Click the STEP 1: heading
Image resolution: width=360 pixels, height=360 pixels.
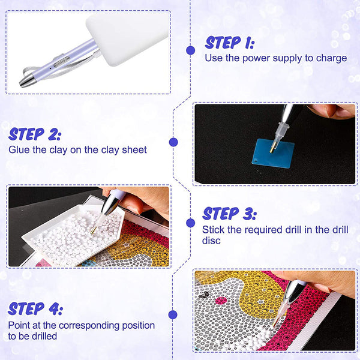pyautogui.click(x=230, y=43)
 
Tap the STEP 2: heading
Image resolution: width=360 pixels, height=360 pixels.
pyautogui.click(x=35, y=134)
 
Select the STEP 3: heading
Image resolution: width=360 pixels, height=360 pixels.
pyautogui.click(x=229, y=214)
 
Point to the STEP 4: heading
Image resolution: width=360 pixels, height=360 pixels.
pyautogui.click(x=35, y=308)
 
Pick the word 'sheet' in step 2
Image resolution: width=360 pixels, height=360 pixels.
pyautogui.click(x=134, y=150)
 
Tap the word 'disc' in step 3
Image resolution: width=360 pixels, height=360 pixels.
pyautogui.click(x=211, y=241)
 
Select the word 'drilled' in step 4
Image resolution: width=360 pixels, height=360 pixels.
pyautogui.click(x=44, y=336)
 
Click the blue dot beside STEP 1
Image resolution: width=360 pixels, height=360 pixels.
pyautogui.click(x=191, y=50)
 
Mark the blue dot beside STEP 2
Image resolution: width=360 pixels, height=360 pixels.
pyautogui.click(x=173, y=142)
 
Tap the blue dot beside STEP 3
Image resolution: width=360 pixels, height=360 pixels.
pyautogui.click(x=191, y=223)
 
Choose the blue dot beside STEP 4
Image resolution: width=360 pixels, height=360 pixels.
pyautogui.click(x=173, y=315)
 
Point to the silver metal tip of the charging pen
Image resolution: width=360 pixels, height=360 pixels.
pyautogui.click(x=27, y=80)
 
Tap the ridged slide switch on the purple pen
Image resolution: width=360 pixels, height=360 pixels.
pyautogui.click(x=62, y=62)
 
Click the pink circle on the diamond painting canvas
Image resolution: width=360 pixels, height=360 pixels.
pyautogui.click(x=221, y=300)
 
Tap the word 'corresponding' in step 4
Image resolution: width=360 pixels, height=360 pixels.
pyautogui.click(x=89, y=326)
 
